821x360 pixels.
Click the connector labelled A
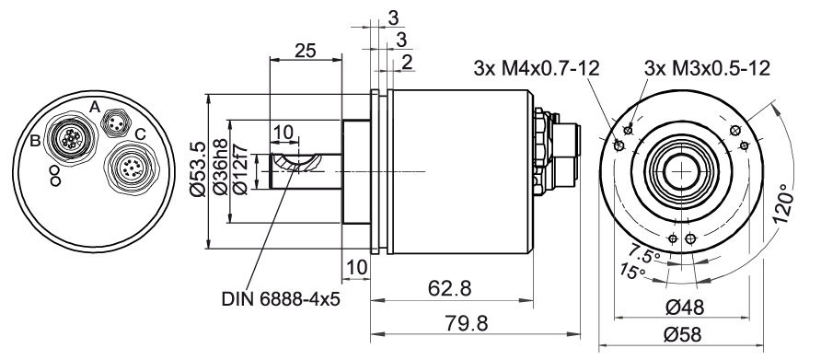(x=114, y=123)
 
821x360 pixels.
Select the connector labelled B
(x=70, y=138)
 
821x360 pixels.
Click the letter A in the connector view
(x=94, y=107)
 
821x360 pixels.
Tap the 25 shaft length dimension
(x=306, y=51)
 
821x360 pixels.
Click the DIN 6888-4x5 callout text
(x=281, y=299)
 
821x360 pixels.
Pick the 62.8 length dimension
(x=450, y=287)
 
